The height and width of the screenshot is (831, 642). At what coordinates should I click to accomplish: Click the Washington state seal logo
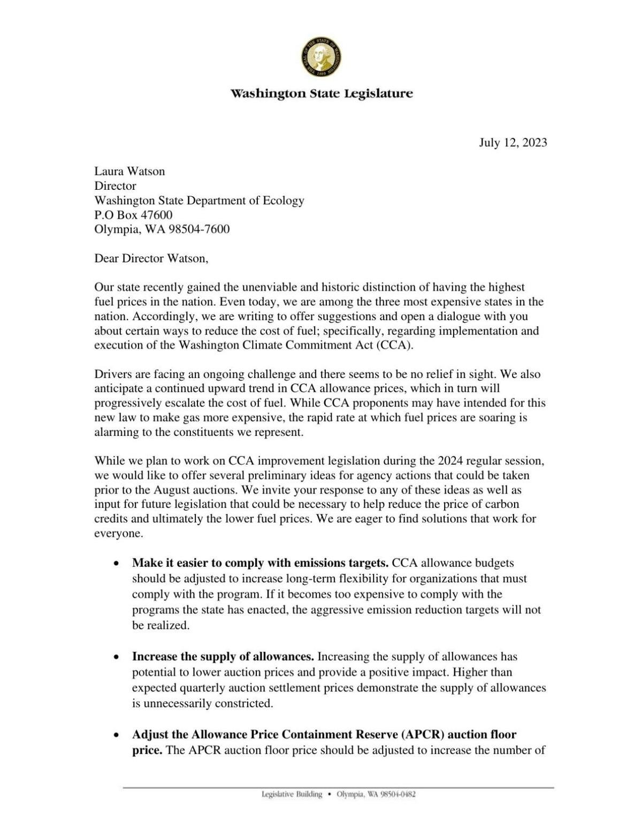tap(322, 57)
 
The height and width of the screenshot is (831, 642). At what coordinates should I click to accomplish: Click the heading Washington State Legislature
tap(322, 94)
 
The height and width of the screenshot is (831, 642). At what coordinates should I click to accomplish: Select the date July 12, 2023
tap(513, 142)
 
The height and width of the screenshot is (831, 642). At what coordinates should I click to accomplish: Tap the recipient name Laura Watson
tap(129, 171)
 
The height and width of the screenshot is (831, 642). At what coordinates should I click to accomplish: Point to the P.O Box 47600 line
tap(133, 215)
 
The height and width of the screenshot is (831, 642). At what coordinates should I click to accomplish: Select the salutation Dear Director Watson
tap(151, 258)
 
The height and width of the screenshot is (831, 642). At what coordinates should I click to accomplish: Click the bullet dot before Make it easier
tap(116, 564)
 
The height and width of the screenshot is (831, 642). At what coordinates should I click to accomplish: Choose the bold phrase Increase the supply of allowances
tap(223, 656)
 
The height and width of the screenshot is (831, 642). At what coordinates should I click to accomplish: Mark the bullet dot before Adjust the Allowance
tap(116, 735)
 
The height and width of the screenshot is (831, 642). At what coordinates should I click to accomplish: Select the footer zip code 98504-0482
tap(396, 794)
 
